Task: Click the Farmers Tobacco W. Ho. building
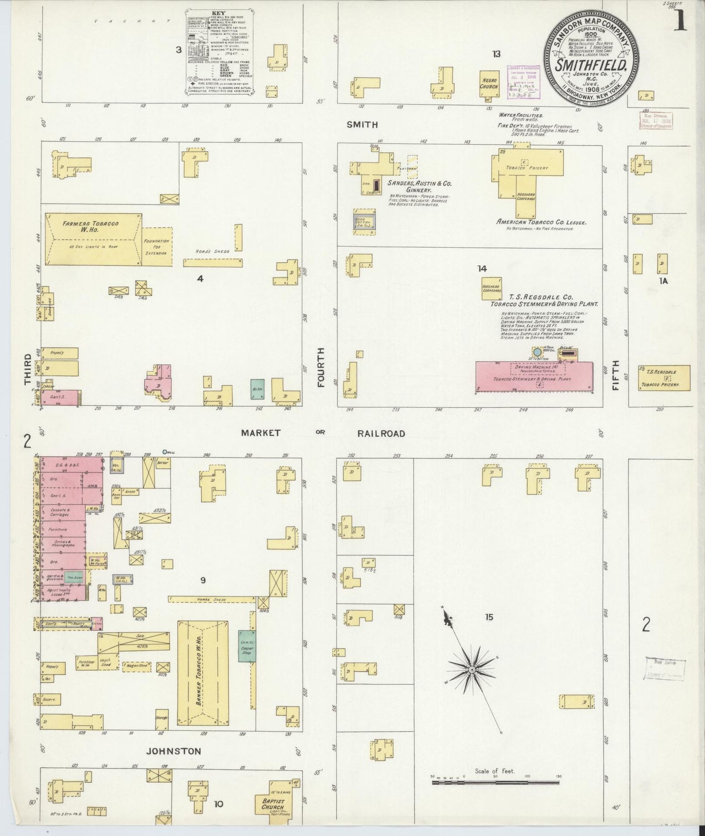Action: pos(93,239)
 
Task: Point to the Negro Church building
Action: pos(489,82)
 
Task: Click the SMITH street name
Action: pos(362,124)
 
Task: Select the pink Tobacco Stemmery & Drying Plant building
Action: pos(534,377)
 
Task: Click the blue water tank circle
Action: pos(537,352)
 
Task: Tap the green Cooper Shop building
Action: pos(247,646)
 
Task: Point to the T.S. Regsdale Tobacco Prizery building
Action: pos(664,378)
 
